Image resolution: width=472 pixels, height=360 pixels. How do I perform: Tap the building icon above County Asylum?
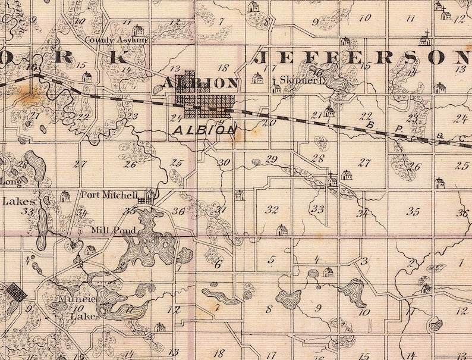point(138,30)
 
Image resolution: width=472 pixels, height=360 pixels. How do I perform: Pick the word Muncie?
point(73,299)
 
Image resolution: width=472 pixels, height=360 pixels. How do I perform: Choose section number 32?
point(272,209)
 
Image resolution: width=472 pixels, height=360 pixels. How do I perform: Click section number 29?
point(272,159)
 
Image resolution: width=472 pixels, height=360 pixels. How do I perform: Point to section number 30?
point(224,162)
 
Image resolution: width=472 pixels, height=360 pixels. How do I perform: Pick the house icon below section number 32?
point(282,230)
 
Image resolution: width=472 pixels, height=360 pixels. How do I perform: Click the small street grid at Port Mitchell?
point(143,202)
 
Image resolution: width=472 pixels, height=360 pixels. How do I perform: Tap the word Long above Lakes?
point(11,180)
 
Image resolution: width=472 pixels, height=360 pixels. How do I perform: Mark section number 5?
point(272,259)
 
